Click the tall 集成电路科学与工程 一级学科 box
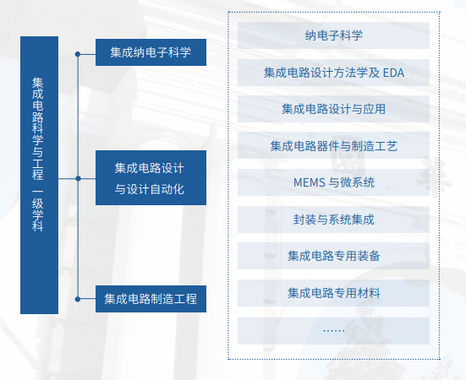(39, 175)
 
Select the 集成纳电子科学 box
(151, 52)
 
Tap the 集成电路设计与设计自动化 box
(151, 177)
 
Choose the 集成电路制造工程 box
(151, 299)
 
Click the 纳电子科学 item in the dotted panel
(333, 35)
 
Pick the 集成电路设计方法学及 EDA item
(333, 73)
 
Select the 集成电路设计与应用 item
(333, 109)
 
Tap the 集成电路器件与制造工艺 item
(333, 145)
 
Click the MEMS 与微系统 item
(333, 182)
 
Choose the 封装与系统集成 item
(333, 220)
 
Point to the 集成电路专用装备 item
(333, 256)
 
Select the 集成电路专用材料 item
(333, 293)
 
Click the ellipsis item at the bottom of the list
(333, 331)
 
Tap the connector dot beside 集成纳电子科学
(78, 54)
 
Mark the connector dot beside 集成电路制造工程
(78, 299)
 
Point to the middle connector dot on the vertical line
(78, 178)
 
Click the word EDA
(393, 73)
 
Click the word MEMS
(310, 182)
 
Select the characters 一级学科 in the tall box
(38, 210)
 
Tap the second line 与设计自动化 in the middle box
(150, 189)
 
